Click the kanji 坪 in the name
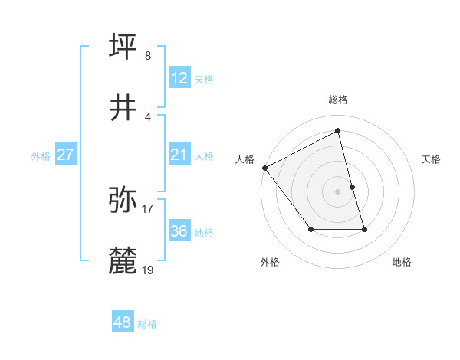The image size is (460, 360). pyautogui.click(x=124, y=47)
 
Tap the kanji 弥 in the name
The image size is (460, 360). pyautogui.click(x=124, y=200)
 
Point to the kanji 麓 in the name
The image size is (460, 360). pyautogui.click(x=124, y=261)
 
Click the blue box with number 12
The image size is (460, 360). pyautogui.click(x=179, y=77)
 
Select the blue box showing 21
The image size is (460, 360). pyautogui.click(x=179, y=155)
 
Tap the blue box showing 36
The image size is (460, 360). pyautogui.click(x=179, y=231)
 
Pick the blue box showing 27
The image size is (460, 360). pyautogui.click(x=65, y=155)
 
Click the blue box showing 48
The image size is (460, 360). pyautogui.click(x=122, y=322)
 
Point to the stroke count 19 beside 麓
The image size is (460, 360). pyautogui.click(x=148, y=270)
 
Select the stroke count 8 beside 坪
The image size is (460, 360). pyautogui.click(x=148, y=55)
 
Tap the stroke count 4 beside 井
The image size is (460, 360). pyautogui.click(x=148, y=116)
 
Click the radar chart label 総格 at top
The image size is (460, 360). pyautogui.click(x=338, y=100)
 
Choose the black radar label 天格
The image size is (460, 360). pyautogui.click(x=432, y=159)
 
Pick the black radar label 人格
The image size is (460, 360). pyautogui.click(x=245, y=159)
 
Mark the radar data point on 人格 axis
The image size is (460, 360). pyautogui.click(x=264, y=168)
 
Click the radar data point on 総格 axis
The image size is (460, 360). pyautogui.click(x=338, y=130)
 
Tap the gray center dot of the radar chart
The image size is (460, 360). pyautogui.click(x=338, y=191)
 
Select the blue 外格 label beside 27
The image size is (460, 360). pyautogui.click(x=41, y=155)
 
